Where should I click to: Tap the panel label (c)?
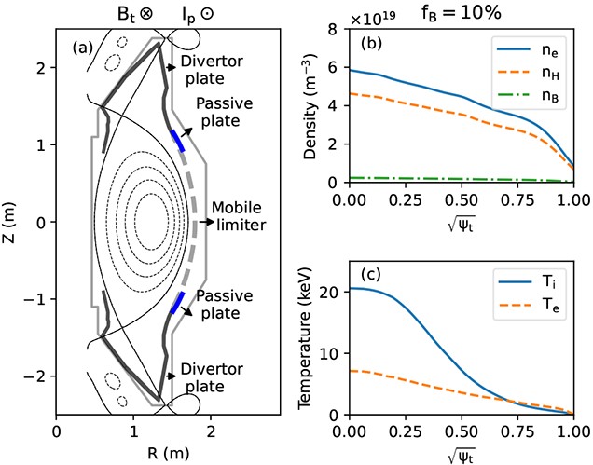377,277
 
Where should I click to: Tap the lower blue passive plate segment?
176,302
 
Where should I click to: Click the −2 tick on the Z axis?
38,376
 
